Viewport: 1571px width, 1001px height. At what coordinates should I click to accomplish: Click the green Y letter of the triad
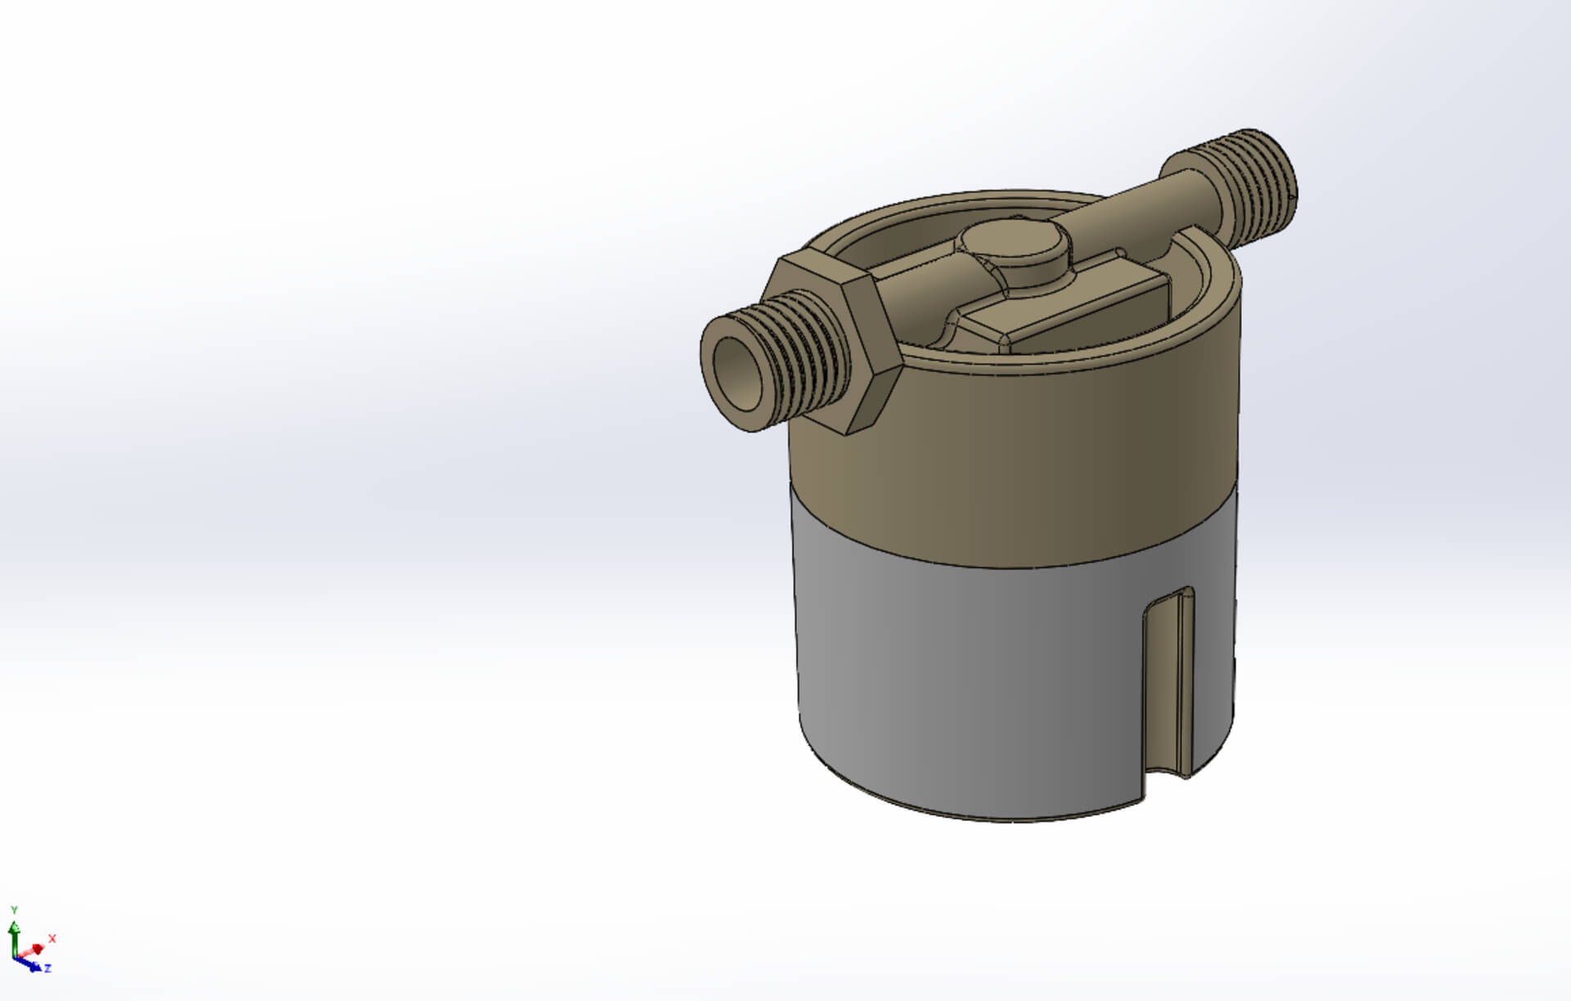click(14, 909)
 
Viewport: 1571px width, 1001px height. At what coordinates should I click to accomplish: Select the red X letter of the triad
click(52, 938)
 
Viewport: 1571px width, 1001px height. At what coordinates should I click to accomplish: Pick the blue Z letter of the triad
click(48, 968)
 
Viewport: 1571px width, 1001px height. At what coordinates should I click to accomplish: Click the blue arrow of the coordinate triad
click(33, 965)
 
